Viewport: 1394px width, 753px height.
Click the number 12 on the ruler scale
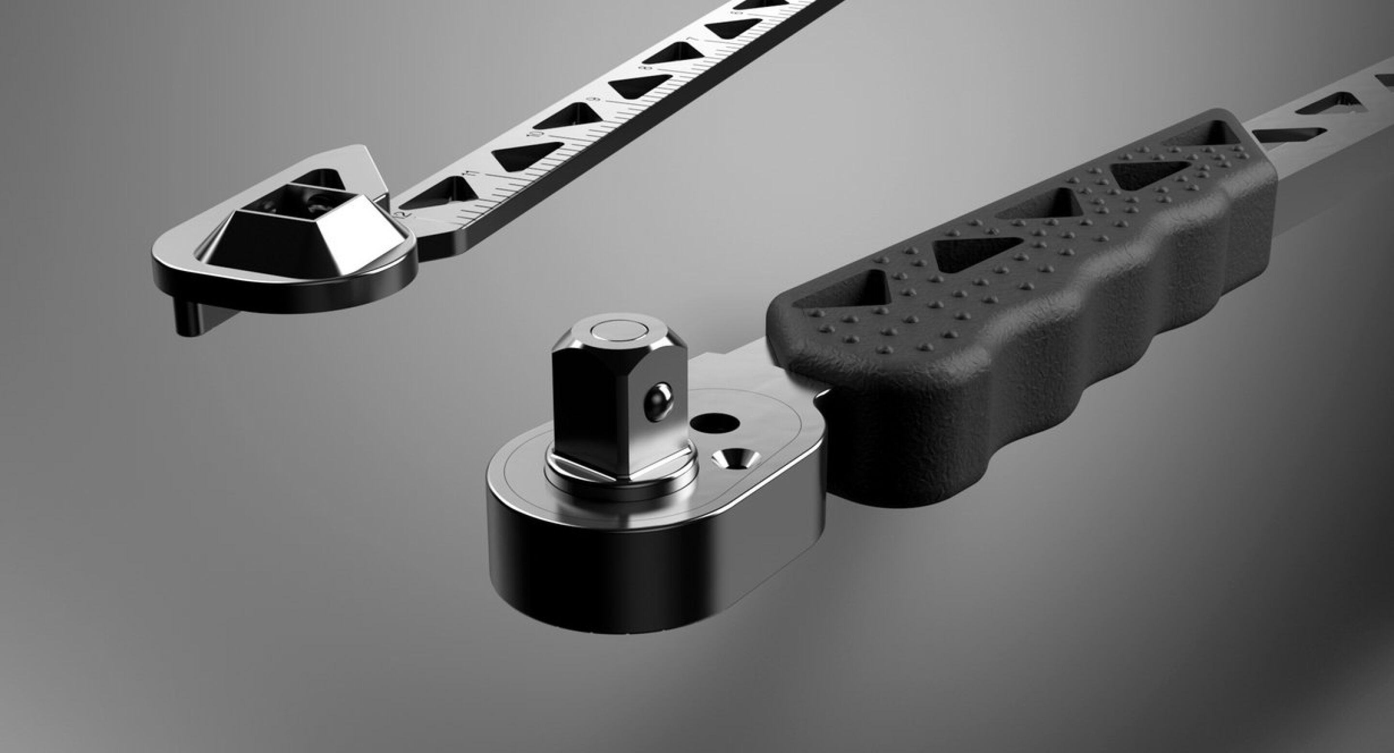(x=402, y=215)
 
